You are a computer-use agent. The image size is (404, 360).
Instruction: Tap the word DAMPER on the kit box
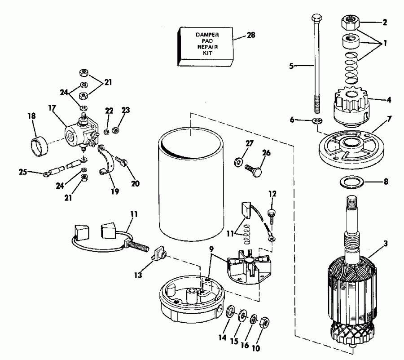(x=206, y=34)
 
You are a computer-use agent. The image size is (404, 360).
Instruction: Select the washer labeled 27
(x=237, y=161)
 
